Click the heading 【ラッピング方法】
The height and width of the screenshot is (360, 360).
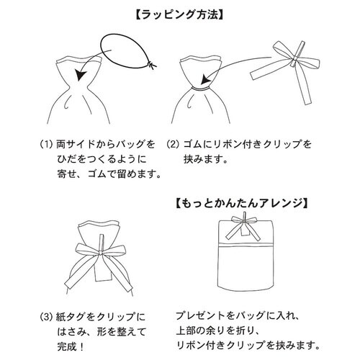point(180,12)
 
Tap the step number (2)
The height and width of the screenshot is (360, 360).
point(174,144)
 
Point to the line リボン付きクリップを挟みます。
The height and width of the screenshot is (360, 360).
point(249,347)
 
